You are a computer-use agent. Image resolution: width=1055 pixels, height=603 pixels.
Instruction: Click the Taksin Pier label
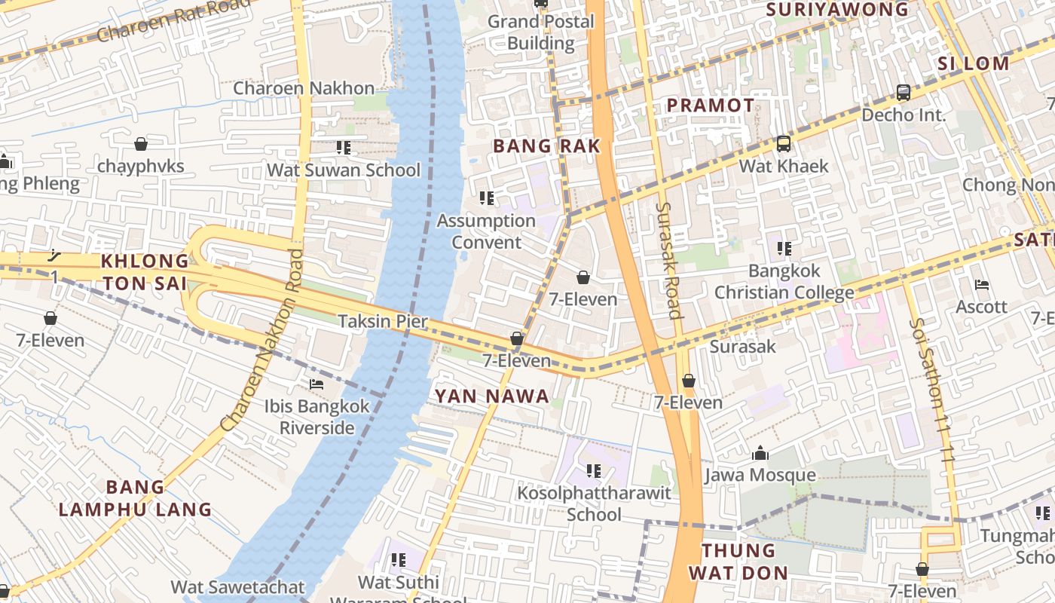[383, 322]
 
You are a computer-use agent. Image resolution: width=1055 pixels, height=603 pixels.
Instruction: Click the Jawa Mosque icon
[760, 454]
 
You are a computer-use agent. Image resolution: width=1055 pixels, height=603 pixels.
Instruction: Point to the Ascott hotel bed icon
[981, 285]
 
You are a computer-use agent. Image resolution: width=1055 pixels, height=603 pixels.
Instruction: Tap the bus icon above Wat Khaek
[784, 143]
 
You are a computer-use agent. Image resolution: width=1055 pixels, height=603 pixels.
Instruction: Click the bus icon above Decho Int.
[903, 93]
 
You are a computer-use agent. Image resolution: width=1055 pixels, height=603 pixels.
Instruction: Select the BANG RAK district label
[546, 146]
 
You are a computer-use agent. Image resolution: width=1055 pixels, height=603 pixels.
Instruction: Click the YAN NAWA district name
[491, 396]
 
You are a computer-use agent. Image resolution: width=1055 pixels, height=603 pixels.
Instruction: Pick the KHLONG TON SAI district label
[145, 272]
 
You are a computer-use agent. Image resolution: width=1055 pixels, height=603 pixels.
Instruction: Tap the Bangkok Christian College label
[784, 281]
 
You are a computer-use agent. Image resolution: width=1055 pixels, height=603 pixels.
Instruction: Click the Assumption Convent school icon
[487, 198]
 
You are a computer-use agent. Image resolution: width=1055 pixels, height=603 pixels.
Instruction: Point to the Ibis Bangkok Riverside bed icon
[316, 384]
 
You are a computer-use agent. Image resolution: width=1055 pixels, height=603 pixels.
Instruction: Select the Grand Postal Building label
[541, 32]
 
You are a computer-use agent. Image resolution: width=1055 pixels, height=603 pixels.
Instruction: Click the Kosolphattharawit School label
[594, 504]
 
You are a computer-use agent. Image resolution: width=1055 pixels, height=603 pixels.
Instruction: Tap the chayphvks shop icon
[141, 144]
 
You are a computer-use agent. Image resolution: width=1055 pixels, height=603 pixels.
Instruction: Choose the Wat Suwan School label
[344, 170]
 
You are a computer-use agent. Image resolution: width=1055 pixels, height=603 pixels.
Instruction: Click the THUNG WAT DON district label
[738, 561]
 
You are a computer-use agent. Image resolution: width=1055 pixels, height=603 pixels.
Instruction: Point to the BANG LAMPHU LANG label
[136, 498]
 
